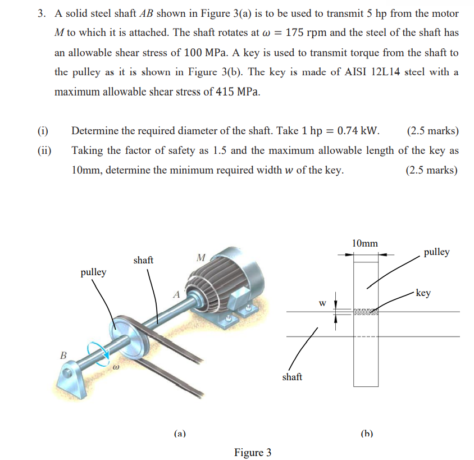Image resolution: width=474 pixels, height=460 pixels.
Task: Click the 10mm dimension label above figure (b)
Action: click(x=364, y=243)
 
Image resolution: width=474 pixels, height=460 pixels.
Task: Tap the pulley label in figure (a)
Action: click(x=93, y=272)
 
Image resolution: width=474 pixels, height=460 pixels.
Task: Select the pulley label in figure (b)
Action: click(x=436, y=252)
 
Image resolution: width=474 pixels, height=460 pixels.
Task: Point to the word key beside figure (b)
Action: click(x=423, y=293)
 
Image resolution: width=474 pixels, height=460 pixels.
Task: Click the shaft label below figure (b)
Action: click(x=292, y=377)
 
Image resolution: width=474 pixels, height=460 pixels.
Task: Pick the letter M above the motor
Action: click(x=202, y=258)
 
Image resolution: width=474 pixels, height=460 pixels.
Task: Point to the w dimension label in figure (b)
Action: click(x=322, y=303)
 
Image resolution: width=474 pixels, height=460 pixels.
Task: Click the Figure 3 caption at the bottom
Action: click(x=253, y=452)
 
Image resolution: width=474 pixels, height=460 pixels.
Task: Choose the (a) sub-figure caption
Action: click(x=180, y=433)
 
